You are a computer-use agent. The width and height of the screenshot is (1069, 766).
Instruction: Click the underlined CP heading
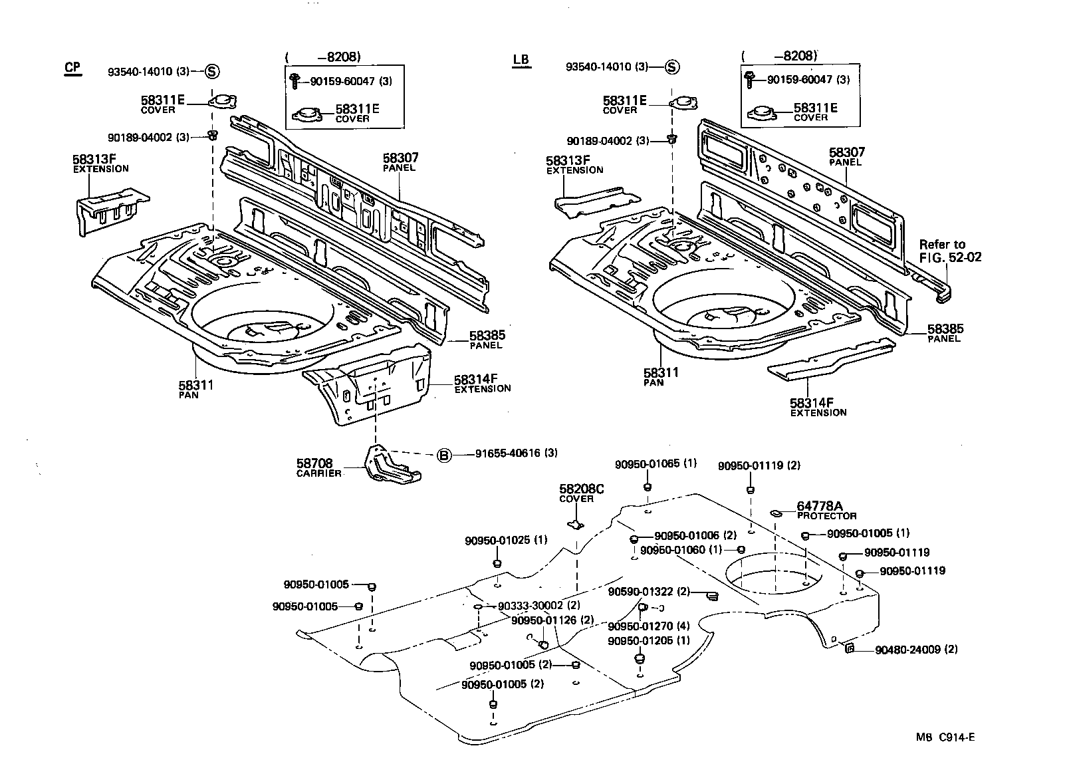[x=72, y=68]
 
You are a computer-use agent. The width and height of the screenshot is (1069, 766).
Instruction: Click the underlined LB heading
[x=521, y=60]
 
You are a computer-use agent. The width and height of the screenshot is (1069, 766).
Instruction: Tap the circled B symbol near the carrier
[x=443, y=455]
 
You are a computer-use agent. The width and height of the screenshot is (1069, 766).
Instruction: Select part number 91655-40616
[x=508, y=453]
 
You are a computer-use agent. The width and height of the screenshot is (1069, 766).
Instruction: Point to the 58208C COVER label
[x=581, y=493]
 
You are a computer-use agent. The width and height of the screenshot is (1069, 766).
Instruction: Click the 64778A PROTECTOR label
[x=825, y=510]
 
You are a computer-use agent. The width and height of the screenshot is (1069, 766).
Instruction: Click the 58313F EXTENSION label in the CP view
[x=100, y=163]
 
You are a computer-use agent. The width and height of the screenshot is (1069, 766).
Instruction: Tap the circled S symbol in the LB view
[x=672, y=66]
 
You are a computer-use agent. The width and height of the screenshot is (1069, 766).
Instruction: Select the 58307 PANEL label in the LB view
[x=846, y=156]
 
